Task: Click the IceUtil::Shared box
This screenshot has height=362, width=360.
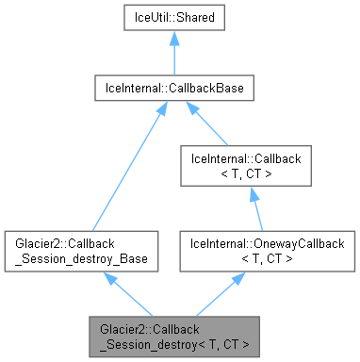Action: tap(174, 18)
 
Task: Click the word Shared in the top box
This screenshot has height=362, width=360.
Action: tap(193, 18)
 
